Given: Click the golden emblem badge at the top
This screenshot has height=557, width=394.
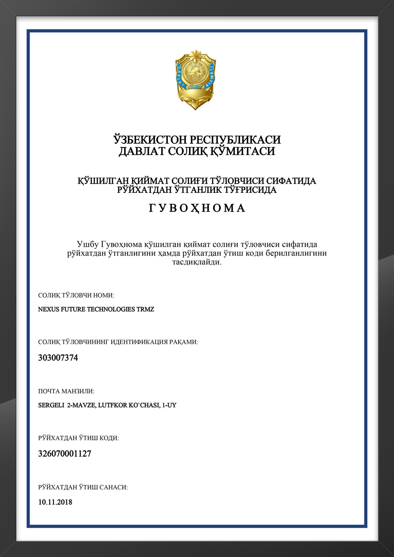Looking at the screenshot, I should click(195, 80).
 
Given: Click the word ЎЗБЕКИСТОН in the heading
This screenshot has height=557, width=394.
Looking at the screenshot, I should click(150, 140).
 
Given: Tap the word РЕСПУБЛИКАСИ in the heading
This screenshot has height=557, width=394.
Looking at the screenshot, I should click(235, 140).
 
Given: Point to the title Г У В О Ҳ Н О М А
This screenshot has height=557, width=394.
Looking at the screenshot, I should click(197, 208).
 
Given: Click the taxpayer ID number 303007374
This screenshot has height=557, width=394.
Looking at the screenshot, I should click(58, 358).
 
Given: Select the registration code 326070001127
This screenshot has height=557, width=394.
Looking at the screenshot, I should click(65, 454).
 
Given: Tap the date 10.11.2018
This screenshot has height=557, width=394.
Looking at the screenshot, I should click(55, 502).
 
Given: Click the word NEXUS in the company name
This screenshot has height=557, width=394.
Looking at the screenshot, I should click(48, 309).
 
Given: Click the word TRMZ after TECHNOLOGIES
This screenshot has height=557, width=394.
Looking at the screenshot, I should click(145, 309).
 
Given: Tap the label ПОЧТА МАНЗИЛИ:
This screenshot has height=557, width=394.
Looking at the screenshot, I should click(66, 391).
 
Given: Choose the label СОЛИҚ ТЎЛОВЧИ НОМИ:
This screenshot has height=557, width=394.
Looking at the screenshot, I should click(76, 295).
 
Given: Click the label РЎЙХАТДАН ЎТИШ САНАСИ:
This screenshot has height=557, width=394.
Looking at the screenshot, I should click(83, 488).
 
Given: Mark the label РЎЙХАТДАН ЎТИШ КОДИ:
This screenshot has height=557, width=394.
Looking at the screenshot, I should click(78, 438).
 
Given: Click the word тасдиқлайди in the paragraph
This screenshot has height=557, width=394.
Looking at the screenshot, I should click(197, 262).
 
